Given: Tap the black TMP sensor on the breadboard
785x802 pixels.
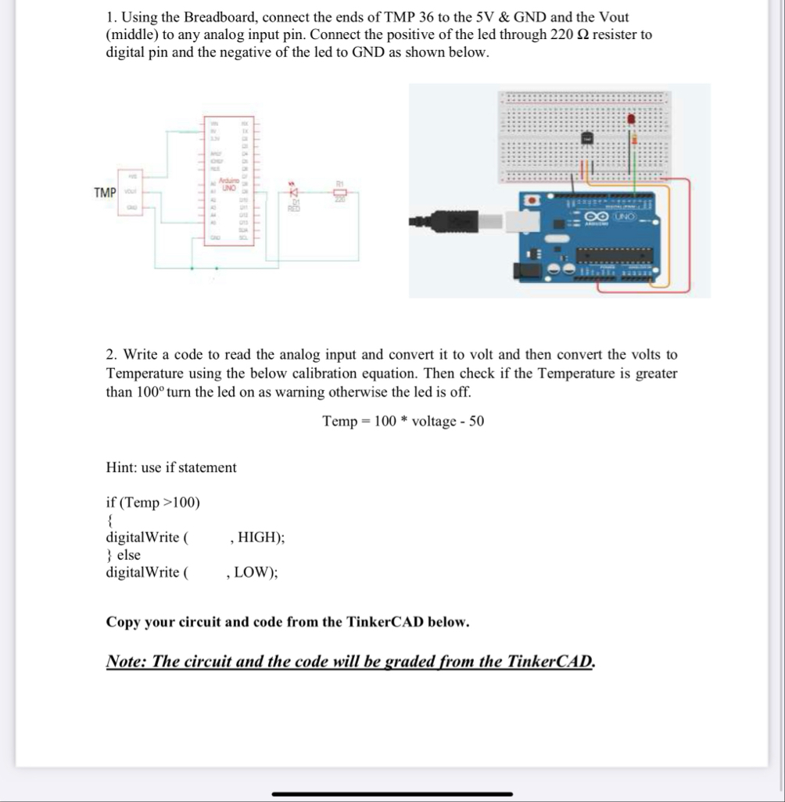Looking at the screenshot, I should click(x=587, y=138).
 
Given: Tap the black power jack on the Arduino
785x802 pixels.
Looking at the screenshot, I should click(x=525, y=270).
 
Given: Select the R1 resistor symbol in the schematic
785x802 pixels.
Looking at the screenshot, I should click(x=339, y=192).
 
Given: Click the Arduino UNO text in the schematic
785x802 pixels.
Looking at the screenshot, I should click(x=229, y=184).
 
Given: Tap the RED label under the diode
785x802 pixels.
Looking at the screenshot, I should click(x=295, y=208).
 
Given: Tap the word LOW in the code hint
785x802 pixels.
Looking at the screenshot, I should click(x=253, y=571).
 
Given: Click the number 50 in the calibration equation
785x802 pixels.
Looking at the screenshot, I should click(x=476, y=421).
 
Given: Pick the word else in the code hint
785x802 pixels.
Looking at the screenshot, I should click(x=128, y=554).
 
